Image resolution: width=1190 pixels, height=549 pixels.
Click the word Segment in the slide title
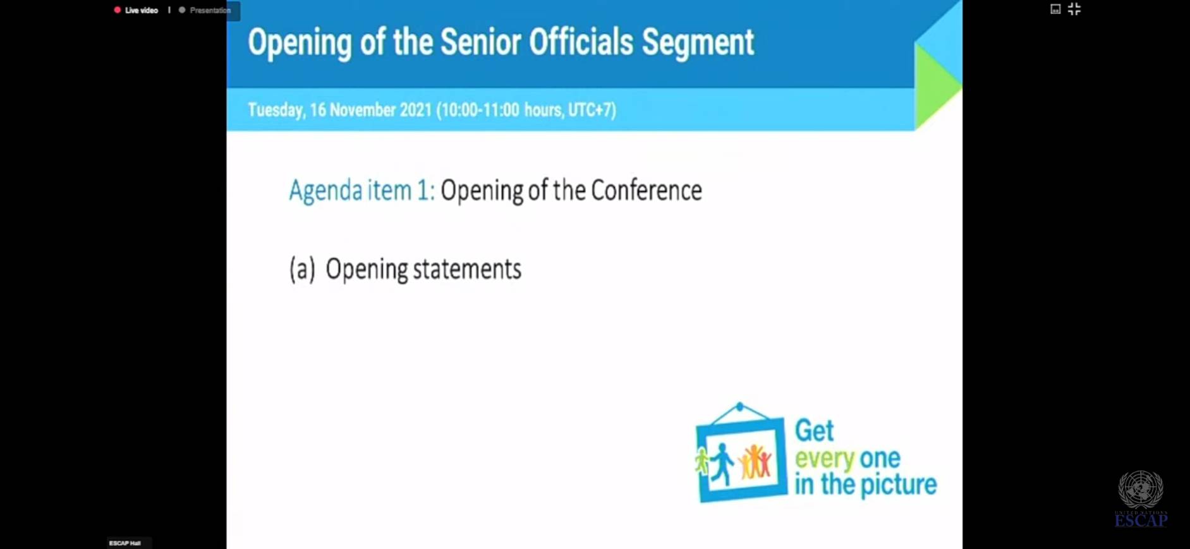click(x=698, y=43)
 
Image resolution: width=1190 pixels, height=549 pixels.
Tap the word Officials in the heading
click(x=581, y=42)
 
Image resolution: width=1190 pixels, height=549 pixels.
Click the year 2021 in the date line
click(x=415, y=110)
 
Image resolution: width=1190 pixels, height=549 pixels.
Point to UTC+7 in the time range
click(x=592, y=110)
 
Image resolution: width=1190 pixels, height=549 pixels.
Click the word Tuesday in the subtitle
click(x=276, y=110)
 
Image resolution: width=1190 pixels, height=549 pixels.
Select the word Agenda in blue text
click(x=325, y=191)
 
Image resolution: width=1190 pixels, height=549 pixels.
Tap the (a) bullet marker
click(x=302, y=269)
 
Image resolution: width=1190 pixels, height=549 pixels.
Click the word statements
click(x=467, y=269)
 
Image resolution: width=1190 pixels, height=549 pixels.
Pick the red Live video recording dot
click(x=117, y=10)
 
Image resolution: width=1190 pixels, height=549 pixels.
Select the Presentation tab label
click(x=210, y=10)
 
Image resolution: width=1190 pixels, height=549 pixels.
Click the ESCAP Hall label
click(x=125, y=543)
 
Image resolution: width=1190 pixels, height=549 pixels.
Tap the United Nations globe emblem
click(x=1141, y=489)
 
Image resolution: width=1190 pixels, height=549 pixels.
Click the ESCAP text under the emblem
click(x=1141, y=521)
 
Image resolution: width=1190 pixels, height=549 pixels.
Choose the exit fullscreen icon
click(x=1074, y=9)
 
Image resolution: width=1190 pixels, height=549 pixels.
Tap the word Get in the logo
click(x=814, y=431)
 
